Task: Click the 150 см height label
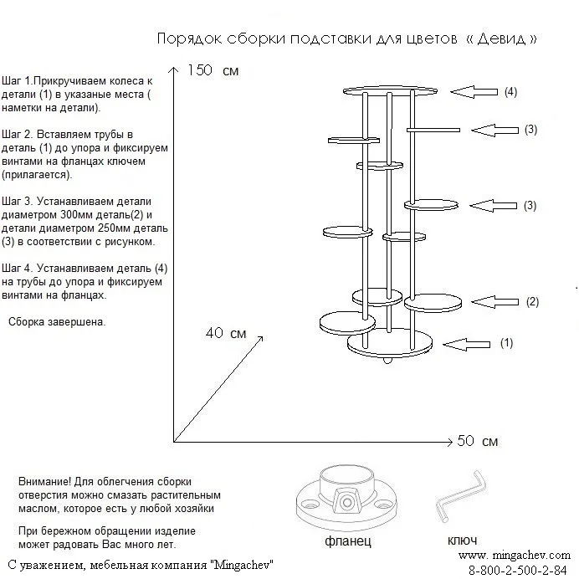(213, 70)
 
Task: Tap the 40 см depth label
(226, 333)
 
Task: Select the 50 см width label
(479, 441)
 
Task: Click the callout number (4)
(510, 91)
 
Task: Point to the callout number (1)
(506, 342)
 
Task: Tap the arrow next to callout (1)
(466, 343)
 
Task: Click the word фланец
(347, 542)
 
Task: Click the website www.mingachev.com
(515, 555)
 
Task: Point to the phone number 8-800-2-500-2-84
(518, 570)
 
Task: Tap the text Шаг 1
(18, 81)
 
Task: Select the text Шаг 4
(18, 269)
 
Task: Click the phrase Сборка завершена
(57, 322)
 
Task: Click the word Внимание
(43, 482)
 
